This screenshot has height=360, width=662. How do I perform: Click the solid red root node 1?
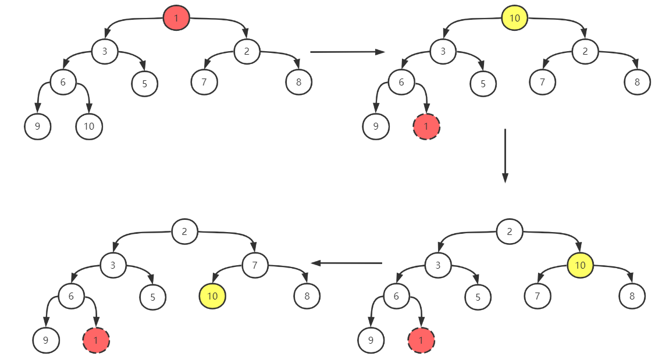(x=176, y=18)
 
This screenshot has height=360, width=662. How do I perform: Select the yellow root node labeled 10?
(x=514, y=18)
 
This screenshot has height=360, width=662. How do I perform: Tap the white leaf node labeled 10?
(x=89, y=126)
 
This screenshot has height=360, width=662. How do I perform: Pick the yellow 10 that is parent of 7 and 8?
(x=580, y=265)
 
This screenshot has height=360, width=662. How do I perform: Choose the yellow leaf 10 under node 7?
(x=212, y=297)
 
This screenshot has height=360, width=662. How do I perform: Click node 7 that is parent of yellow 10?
(x=255, y=265)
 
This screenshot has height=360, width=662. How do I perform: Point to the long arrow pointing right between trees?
(x=347, y=52)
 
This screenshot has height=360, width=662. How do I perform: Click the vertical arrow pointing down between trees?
(x=505, y=155)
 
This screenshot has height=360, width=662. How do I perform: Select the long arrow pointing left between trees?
(x=347, y=263)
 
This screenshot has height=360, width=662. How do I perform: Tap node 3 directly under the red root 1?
(x=105, y=51)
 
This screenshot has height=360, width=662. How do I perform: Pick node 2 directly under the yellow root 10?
(x=585, y=51)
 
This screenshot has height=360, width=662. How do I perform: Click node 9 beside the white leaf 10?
(x=38, y=126)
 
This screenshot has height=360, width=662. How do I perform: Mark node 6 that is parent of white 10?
(x=63, y=82)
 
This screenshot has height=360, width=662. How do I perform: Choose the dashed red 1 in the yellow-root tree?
(x=426, y=126)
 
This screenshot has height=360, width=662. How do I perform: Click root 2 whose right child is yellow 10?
(x=509, y=232)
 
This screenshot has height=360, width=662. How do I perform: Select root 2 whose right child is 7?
(x=184, y=232)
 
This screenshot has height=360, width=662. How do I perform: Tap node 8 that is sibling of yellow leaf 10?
(x=307, y=297)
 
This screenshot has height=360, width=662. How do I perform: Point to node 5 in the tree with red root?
(x=144, y=83)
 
